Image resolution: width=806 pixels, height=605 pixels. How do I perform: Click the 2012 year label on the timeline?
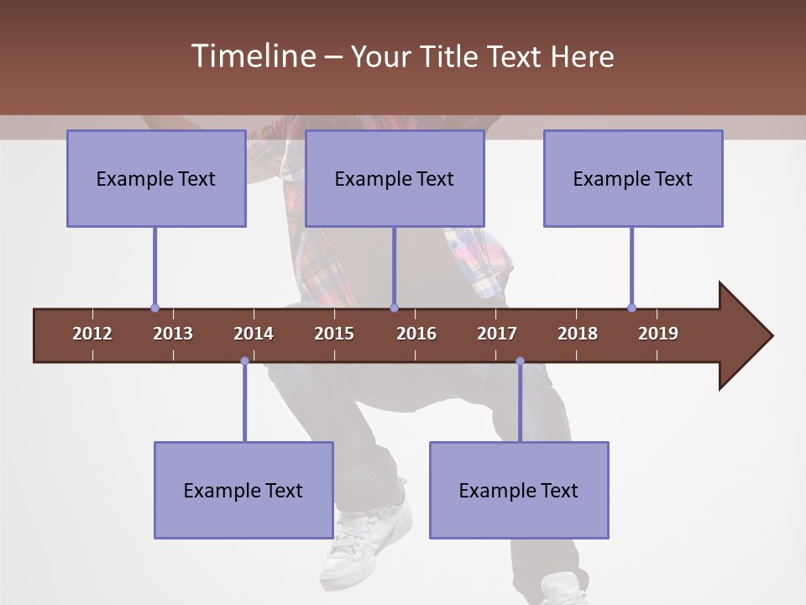point(92,334)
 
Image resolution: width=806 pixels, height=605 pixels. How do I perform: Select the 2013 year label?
point(173,334)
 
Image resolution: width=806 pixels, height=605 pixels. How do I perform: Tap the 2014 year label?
point(254,334)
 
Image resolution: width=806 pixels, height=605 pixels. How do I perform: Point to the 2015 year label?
point(334,334)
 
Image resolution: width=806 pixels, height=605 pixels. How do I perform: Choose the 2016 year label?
point(416,334)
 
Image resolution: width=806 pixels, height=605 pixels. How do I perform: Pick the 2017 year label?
point(497,334)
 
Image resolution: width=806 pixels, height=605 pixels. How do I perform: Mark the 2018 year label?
point(578,334)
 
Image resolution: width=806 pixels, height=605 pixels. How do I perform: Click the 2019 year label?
point(658,334)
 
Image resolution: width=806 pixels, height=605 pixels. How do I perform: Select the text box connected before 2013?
point(156,178)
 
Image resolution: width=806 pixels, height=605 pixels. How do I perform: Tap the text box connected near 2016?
point(395,178)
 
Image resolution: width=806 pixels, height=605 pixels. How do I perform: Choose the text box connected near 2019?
point(633,178)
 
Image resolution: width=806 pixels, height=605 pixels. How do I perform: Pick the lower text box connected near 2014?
point(243,490)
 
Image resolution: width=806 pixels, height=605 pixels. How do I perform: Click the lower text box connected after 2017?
point(519,490)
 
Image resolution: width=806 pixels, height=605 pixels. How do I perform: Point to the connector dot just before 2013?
point(154,308)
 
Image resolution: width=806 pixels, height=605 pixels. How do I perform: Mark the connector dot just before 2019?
point(631,308)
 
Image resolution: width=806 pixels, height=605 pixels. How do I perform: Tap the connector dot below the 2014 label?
point(244,361)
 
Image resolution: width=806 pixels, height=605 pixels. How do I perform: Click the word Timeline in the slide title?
point(252,56)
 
